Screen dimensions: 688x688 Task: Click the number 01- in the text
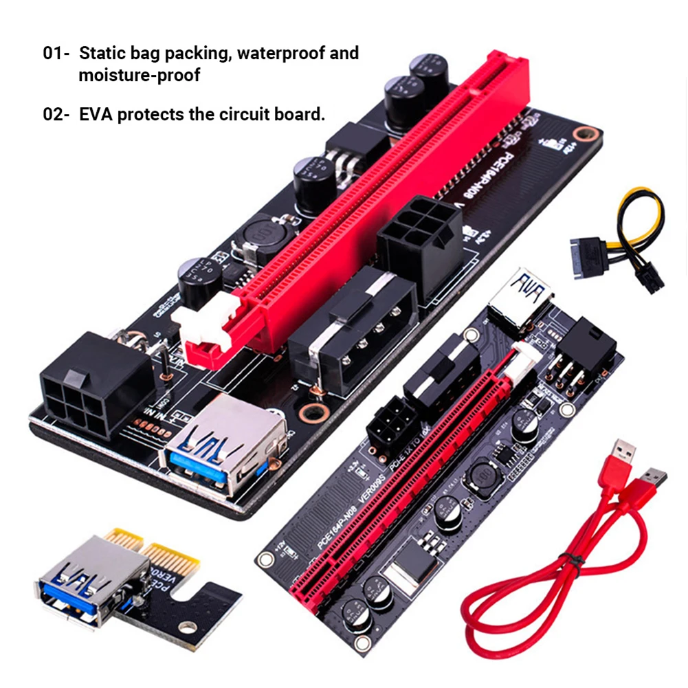(56, 54)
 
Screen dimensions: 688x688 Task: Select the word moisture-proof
(140, 75)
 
